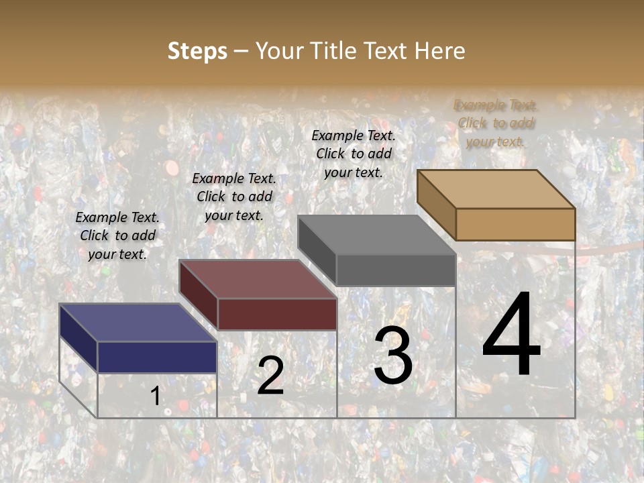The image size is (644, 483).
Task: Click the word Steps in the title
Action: pyautogui.click(x=197, y=51)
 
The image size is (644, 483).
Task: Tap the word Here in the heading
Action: pyautogui.click(x=439, y=51)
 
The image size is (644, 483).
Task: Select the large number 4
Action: pyautogui.click(x=511, y=335)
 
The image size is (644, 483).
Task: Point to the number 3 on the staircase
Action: pyautogui.click(x=392, y=355)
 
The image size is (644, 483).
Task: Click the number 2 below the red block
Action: pyautogui.click(x=270, y=375)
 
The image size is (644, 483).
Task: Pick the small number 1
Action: pyautogui.click(x=156, y=396)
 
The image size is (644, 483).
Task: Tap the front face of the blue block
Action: pyautogui.click(x=157, y=357)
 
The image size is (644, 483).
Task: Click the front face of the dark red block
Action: pyautogui.click(x=277, y=314)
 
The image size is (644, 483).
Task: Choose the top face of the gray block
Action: pyautogui.click(x=376, y=235)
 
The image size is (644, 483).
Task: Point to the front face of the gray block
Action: pyautogui.click(x=396, y=270)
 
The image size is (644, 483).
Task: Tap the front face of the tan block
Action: pyautogui.click(x=515, y=224)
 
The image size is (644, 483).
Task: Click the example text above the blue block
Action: pyautogui.click(x=117, y=235)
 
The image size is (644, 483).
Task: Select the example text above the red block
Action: pyautogui.click(x=234, y=197)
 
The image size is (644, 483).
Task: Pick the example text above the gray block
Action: pyautogui.click(x=354, y=154)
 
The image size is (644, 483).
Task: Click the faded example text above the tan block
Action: pyautogui.click(x=496, y=123)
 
